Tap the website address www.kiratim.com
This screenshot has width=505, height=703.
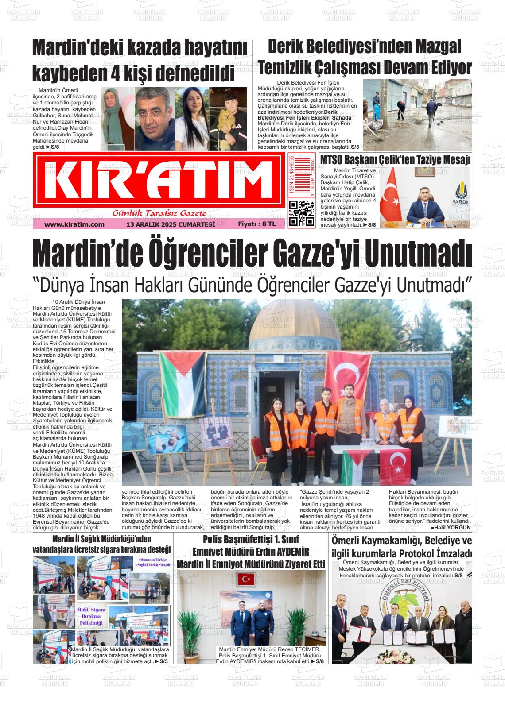point(74,224)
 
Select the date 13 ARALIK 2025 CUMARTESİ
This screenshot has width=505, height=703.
point(171,224)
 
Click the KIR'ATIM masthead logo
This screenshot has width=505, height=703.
point(159,181)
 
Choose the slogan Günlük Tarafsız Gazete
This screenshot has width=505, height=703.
point(159,213)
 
